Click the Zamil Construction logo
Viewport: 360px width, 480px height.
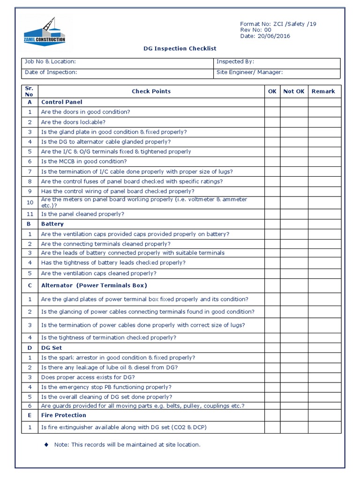coord(45,31)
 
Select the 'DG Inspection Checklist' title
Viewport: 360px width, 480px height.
coord(180,48)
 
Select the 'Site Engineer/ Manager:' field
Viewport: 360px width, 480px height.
coord(249,72)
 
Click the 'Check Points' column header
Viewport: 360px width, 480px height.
coord(151,91)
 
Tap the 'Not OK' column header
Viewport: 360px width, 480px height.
coord(294,91)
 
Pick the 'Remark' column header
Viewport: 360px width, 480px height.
coord(323,91)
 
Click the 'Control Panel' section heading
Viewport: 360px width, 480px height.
coord(61,102)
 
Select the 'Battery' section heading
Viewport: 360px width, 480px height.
coord(52,224)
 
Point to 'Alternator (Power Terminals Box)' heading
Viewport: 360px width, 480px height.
coord(94,285)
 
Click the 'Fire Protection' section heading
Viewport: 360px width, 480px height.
coord(63,415)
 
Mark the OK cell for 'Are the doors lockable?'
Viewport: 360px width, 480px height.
coord(272,122)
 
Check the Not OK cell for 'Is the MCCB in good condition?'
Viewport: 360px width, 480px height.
coord(294,161)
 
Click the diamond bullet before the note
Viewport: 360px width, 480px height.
coord(46,444)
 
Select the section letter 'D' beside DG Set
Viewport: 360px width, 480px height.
coord(30,348)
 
